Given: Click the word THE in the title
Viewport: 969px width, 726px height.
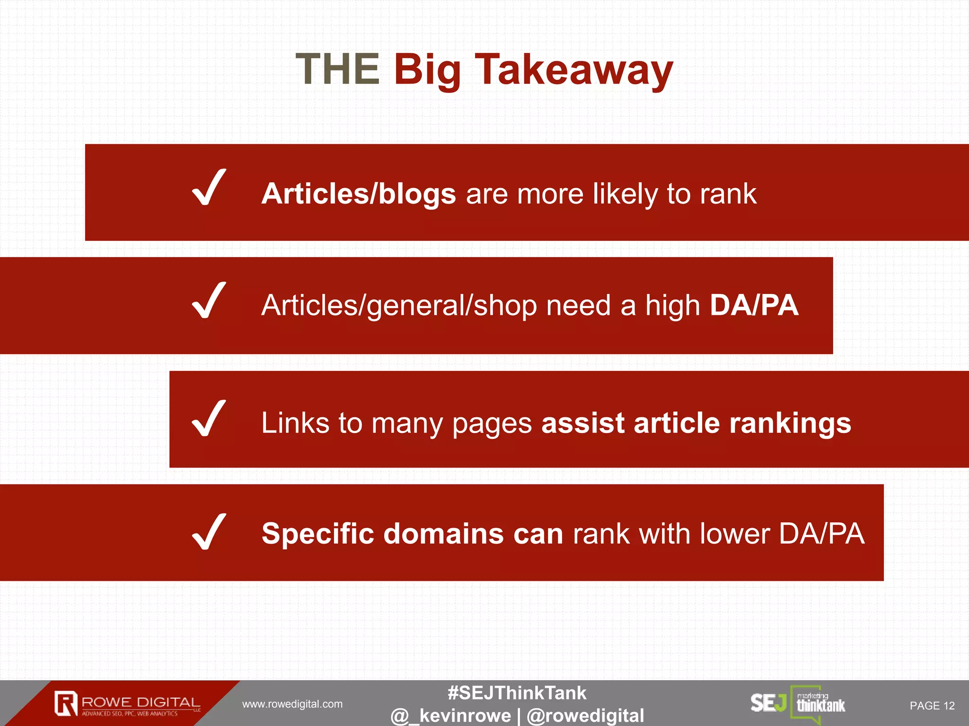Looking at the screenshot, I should tap(337, 69).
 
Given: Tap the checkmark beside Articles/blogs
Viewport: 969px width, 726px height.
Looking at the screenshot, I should tap(209, 188).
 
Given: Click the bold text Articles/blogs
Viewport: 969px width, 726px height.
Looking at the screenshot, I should tap(358, 194).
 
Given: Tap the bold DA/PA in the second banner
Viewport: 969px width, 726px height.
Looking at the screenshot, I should tap(754, 305).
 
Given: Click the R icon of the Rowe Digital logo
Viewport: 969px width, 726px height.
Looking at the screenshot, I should tap(66, 703).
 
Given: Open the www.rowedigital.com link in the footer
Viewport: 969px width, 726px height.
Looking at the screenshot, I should tap(292, 704).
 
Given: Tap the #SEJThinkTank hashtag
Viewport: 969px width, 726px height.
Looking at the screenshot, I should tap(517, 693).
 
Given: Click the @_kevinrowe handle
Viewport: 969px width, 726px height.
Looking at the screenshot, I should tap(451, 716).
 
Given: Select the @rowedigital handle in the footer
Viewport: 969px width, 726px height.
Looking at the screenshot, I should tap(585, 716).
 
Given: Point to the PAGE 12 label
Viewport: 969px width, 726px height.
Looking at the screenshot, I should tap(932, 706).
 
